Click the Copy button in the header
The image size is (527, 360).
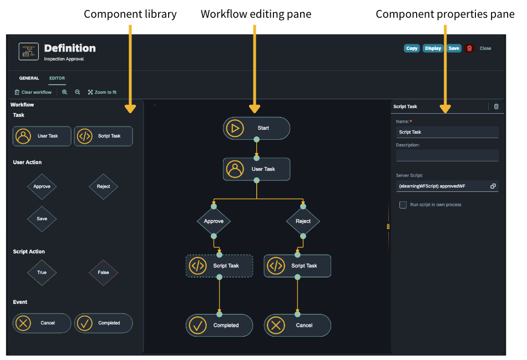pyautogui.click(x=412, y=48)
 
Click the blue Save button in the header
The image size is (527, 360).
pyautogui.click(x=454, y=48)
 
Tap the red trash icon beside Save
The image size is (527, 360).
pyautogui.click(x=469, y=48)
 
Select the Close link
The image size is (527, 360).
pyautogui.click(x=485, y=48)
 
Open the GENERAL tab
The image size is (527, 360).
pyautogui.click(x=29, y=78)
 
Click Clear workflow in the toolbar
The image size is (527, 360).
pyautogui.click(x=33, y=92)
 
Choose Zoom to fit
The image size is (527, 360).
pyautogui.click(x=102, y=92)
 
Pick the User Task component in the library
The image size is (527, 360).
pyautogui.click(x=42, y=136)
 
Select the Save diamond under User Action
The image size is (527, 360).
pyautogui.click(x=42, y=219)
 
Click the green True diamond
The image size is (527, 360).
pyautogui.click(x=42, y=272)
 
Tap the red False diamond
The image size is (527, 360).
pyautogui.click(x=103, y=272)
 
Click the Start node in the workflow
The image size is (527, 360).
pyautogui.click(x=256, y=128)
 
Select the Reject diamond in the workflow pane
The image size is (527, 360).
pyautogui.click(x=303, y=221)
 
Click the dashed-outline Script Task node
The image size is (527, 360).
pyautogui.click(x=219, y=266)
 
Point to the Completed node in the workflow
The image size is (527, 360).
pyautogui.click(x=219, y=326)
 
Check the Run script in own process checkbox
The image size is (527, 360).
pyautogui.click(x=403, y=205)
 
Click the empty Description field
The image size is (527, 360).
pyautogui.click(x=447, y=156)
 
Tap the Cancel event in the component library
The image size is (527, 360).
pyautogui.click(x=42, y=323)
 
